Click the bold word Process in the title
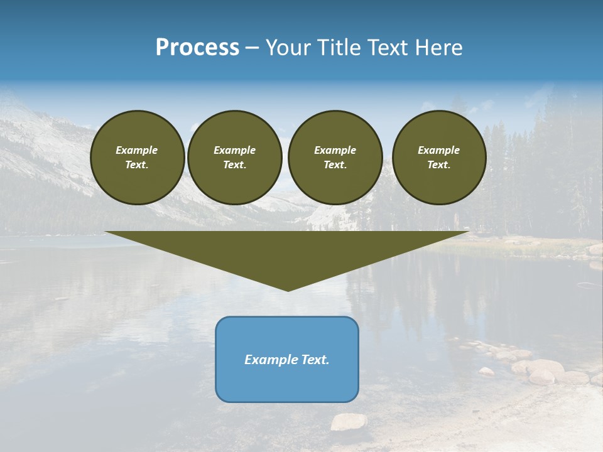(197, 48)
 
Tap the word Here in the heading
(437, 48)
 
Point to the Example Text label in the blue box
(287, 360)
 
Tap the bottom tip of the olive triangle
(288, 289)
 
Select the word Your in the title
(287, 48)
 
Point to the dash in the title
(252, 49)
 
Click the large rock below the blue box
(349, 422)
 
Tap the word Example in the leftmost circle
(137, 150)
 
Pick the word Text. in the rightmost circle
(439, 164)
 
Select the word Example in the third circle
(335, 150)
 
